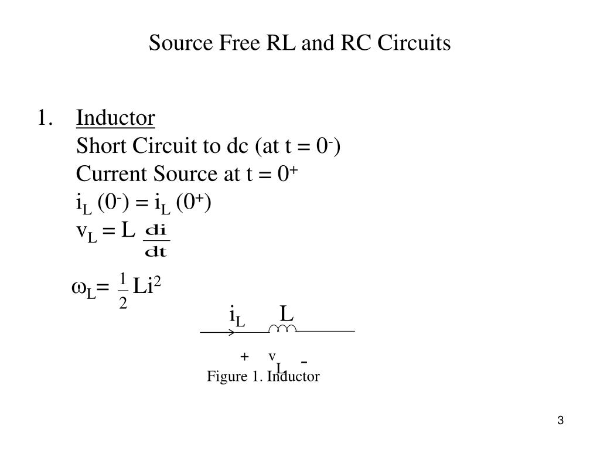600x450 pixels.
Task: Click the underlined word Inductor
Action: [115, 118]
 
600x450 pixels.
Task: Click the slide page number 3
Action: [561, 421]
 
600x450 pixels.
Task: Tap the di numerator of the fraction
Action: [156, 230]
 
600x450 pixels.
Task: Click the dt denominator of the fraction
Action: [156, 253]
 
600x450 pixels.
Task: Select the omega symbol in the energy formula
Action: [79, 287]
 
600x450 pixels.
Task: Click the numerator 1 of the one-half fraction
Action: [123, 277]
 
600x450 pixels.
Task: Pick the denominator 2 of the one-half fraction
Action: [123, 304]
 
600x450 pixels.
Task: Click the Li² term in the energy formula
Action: [147, 287]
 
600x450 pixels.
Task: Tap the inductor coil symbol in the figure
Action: [282, 330]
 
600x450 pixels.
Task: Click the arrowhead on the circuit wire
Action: [232, 332]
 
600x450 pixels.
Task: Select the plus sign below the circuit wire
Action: [244, 357]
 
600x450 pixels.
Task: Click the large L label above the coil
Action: [286, 315]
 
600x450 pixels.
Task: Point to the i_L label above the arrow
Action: [237, 318]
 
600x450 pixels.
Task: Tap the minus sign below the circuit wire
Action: [305, 360]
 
